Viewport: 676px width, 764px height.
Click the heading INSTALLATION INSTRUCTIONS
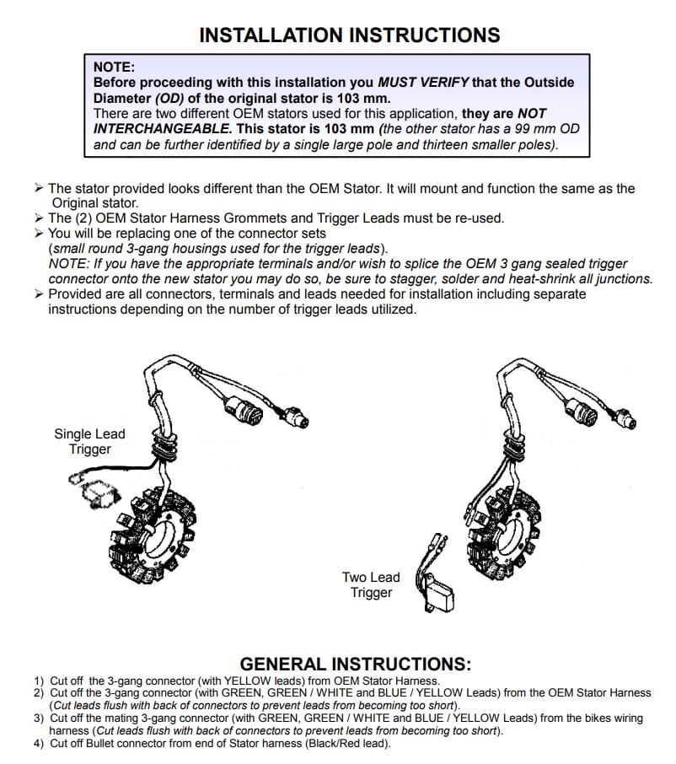click(349, 35)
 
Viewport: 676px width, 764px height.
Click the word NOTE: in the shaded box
click(114, 67)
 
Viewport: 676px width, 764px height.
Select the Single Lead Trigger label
click(89, 442)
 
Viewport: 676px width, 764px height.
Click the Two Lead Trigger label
click(371, 584)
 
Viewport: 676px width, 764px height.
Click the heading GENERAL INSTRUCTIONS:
click(356, 664)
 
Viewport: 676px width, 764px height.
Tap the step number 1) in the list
click(39, 681)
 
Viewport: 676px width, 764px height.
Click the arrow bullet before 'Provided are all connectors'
click(40, 294)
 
